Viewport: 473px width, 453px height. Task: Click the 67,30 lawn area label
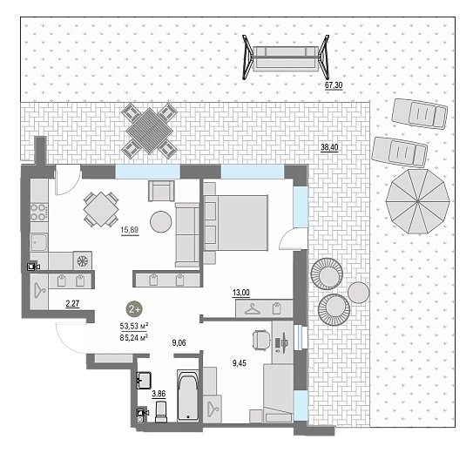[334, 85]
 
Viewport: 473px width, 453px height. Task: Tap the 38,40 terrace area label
[329, 147]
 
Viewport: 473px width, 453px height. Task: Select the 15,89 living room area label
[130, 230]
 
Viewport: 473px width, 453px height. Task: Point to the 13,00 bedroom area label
[241, 293]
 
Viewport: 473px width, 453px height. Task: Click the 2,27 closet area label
[72, 303]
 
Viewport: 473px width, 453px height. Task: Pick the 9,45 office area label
[240, 363]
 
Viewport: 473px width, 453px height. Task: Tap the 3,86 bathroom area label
[159, 394]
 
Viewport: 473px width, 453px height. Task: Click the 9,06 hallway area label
[179, 343]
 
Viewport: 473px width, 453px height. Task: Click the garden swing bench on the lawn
[286, 57]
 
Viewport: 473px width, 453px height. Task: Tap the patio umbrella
[417, 201]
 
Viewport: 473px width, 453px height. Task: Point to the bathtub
[188, 396]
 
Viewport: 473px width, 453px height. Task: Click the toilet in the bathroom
[161, 411]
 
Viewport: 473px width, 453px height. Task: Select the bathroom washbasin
[144, 381]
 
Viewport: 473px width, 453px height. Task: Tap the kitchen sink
[39, 242]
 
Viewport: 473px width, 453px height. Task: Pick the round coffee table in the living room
[161, 221]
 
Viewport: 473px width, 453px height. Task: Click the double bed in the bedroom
[236, 222]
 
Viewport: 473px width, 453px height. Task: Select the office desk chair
[261, 340]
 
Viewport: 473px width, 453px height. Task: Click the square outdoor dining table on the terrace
[149, 131]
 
